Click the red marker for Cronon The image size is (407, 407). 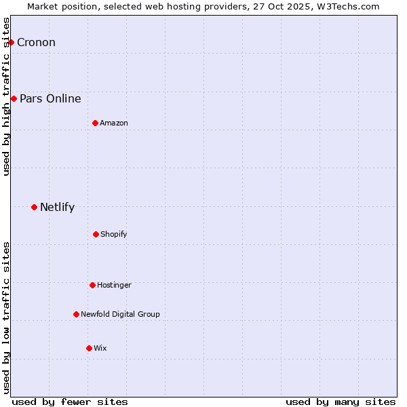(x=11, y=43)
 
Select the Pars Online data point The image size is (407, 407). (x=14, y=99)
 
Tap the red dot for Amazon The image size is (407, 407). (x=95, y=123)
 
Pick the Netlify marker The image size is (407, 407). (x=34, y=207)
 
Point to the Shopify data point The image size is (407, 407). (x=96, y=234)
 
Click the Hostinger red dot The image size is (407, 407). (x=92, y=285)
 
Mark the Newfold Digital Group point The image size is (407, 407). (x=76, y=314)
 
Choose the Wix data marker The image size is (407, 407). (x=89, y=348)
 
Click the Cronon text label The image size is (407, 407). (x=36, y=43)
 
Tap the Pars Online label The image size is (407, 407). (x=50, y=99)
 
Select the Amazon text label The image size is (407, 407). (x=114, y=123)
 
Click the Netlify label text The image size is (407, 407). (x=57, y=208)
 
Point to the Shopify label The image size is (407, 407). (x=114, y=234)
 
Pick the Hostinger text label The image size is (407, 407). (x=114, y=285)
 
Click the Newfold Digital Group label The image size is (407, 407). (x=120, y=314)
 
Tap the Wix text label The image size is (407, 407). (x=100, y=348)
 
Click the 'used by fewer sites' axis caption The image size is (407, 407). (x=70, y=402)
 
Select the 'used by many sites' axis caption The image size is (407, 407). (x=341, y=402)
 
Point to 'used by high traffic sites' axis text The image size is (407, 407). (x=6, y=96)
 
